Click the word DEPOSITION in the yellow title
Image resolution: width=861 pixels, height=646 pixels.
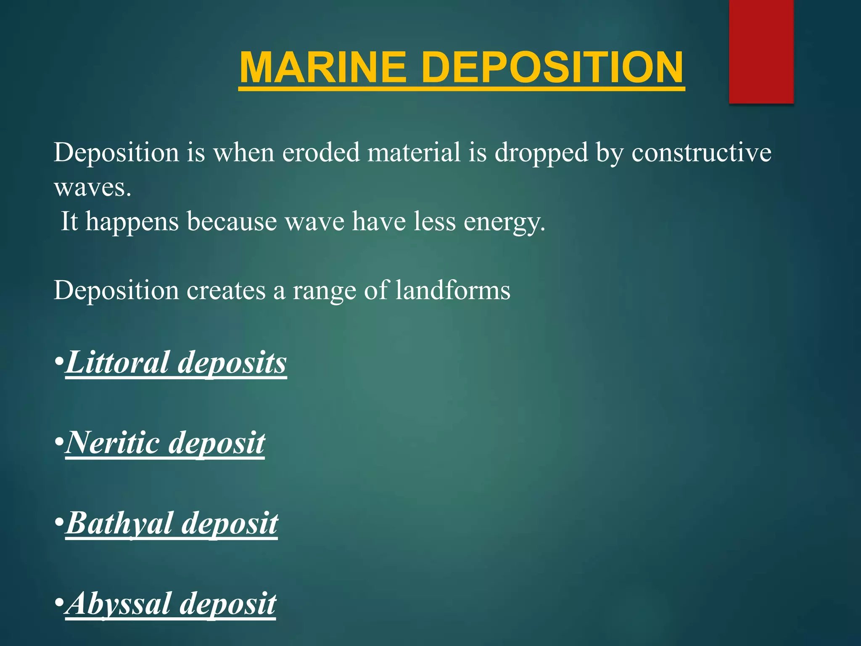[x=552, y=68]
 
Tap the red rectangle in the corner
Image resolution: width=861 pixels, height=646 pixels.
[x=761, y=51]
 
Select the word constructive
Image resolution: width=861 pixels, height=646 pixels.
[x=701, y=152]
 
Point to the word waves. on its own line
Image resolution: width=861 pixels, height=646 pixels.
[x=92, y=188]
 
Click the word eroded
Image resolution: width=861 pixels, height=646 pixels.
[x=321, y=152]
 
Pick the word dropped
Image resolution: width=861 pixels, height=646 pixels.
[x=541, y=153]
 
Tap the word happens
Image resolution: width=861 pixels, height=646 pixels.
[x=132, y=222]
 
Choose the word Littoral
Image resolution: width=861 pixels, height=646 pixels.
[x=117, y=362]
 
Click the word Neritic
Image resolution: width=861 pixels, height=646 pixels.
[x=112, y=443]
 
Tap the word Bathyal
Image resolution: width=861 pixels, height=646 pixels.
[x=119, y=524]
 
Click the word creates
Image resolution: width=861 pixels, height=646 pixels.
[x=226, y=291]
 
